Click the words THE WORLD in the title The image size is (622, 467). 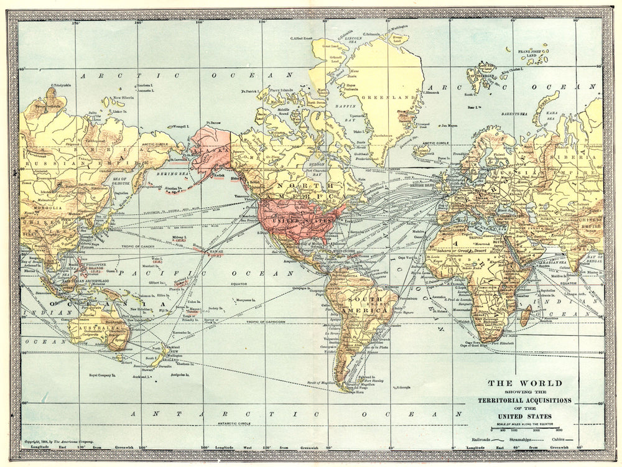coord(515,383)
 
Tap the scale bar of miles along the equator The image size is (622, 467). coord(529,427)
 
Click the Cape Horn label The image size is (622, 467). coord(355,392)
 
